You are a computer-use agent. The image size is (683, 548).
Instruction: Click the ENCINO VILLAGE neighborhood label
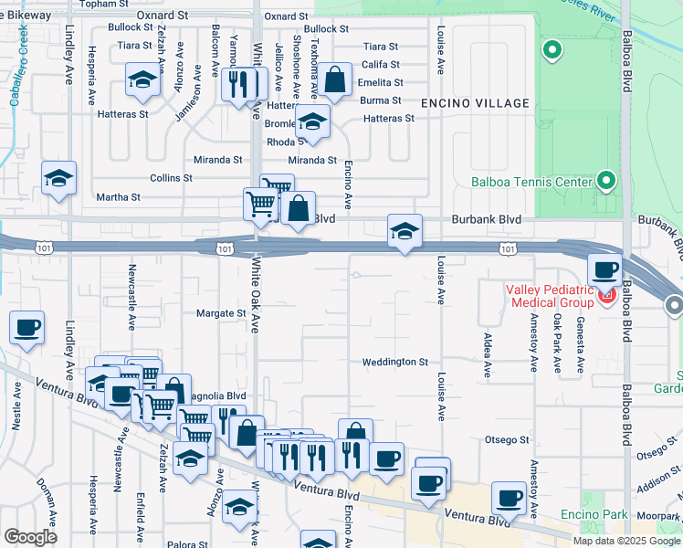pyautogui.click(x=475, y=103)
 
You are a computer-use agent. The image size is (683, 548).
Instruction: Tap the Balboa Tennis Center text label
pyautogui.click(x=532, y=182)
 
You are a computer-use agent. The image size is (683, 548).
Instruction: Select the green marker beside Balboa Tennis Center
pyautogui.click(x=605, y=181)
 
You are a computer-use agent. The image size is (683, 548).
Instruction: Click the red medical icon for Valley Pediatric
pyautogui.click(x=607, y=295)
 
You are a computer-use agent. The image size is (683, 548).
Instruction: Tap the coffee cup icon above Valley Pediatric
pyautogui.click(x=604, y=270)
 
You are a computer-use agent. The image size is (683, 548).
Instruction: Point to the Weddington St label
pyautogui.click(x=394, y=363)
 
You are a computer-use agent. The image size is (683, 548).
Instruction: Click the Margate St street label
pyautogui.click(x=222, y=313)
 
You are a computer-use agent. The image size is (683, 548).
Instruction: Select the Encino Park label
pyautogui.click(x=594, y=515)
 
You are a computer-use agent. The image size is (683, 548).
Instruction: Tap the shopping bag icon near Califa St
pyautogui.click(x=335, y=81)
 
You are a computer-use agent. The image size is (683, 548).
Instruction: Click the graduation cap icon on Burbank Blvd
pyautogui.click(x=404, y=230)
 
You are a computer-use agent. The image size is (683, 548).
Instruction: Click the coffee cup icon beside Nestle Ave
pyautogui.click(x=26, y=327)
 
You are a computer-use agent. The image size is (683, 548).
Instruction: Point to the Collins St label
pyautogui.click(x=171, y=178)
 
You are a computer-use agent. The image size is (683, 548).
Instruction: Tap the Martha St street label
pyautogui.click(x=119, y=197)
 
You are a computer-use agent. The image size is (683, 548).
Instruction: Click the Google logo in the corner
pyautogui.click(x=31, y=537)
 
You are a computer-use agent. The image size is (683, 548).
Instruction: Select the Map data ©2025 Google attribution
pyautogui.click(x=625, y=541)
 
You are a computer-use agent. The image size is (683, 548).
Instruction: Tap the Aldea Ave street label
pyautogui.click(x=487, y=348)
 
